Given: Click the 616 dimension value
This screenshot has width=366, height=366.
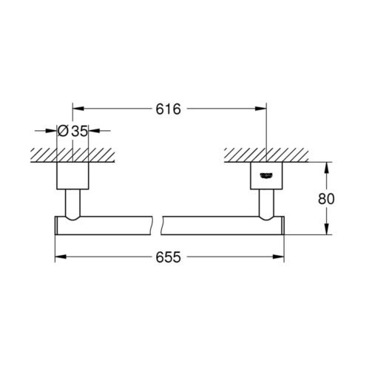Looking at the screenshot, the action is click(168, 109).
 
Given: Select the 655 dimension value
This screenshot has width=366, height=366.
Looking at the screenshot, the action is click(168, 257).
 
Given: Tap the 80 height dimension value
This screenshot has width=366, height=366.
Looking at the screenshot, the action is click(326, 199).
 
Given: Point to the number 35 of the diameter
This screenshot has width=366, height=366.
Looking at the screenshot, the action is click(79, 131).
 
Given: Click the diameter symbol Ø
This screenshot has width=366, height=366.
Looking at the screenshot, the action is click(63, 131).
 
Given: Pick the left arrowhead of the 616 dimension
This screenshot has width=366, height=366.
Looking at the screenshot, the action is click(78, 109).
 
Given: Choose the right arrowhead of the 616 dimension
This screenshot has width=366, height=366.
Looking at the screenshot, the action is click(261, 109).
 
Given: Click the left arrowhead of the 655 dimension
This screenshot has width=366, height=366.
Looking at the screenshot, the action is click(61, 257).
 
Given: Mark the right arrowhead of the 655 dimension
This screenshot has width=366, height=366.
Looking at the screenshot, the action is click(278, 257).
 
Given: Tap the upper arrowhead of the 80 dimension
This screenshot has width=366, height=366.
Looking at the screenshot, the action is click(326, 169).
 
